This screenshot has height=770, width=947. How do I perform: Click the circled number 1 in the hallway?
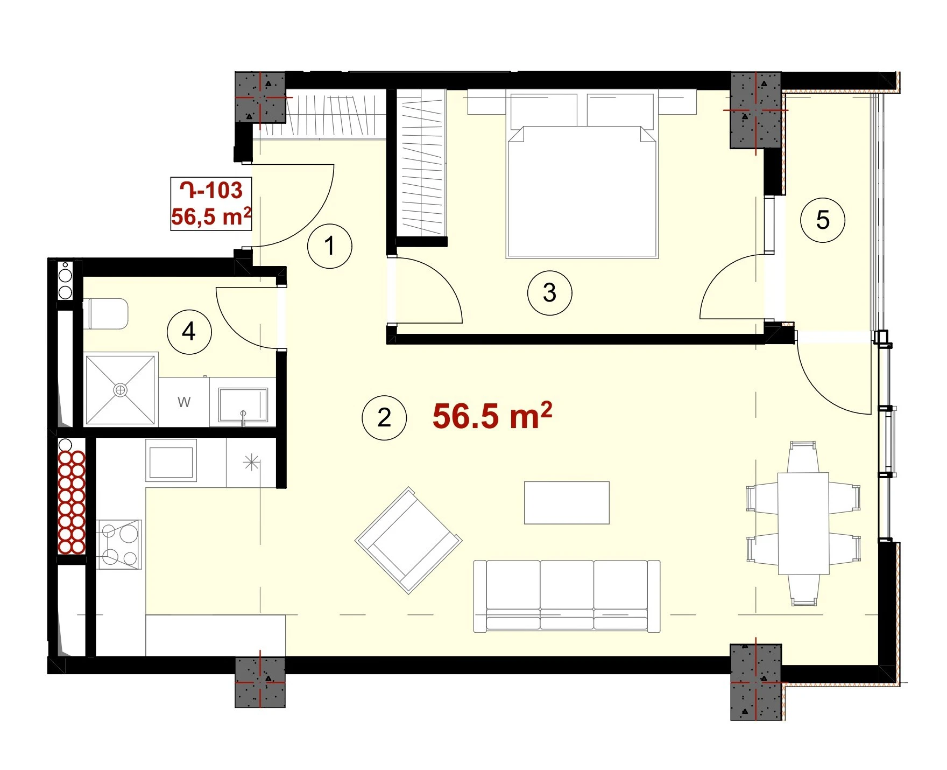[329, 246]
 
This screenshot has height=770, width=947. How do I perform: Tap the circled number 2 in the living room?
[384, 418]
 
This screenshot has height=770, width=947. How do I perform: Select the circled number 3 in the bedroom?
[549, 292]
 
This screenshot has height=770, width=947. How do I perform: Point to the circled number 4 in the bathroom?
[189, 332]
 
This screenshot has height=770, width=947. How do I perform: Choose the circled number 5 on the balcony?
[823, 220]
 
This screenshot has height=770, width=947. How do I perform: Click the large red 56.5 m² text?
[492, 416]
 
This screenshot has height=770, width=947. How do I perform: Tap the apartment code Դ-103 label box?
[211, 204]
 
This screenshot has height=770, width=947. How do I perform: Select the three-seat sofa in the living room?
[567, 596]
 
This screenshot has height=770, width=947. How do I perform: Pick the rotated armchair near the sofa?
[408, 540]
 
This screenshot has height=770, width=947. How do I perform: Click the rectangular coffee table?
[567, 502]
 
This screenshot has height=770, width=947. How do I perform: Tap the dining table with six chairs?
[803, 524]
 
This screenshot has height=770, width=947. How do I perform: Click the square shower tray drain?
[121, 389]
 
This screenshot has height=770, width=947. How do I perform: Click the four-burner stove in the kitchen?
[119, 544]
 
